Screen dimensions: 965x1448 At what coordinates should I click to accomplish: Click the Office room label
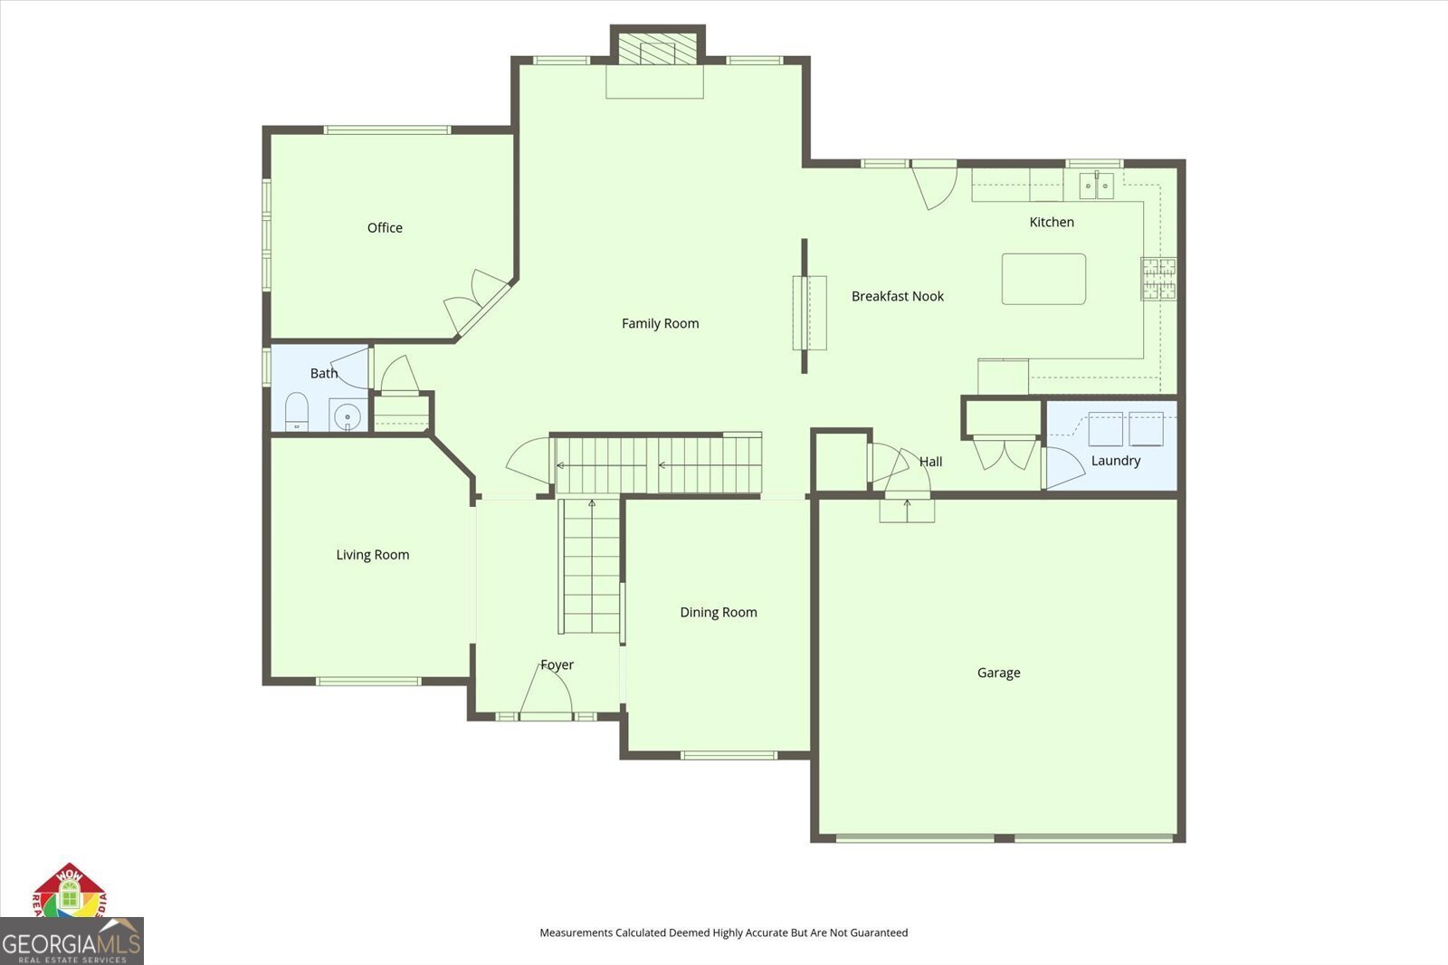pyautogui.click(x=385, y=228)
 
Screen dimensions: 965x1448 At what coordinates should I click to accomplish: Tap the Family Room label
pyautogui.click(x=660, y=323)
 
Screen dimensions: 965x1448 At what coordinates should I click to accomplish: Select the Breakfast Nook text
pyautogui.click(x=897, y=296)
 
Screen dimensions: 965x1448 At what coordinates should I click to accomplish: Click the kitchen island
pyautogui.click(x=1043, y=279)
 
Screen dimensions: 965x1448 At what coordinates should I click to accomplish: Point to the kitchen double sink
pyautogui.click(x=1096, y=186)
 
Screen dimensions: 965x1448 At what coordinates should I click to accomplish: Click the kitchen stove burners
pyautogui.click(x=1158, y=279)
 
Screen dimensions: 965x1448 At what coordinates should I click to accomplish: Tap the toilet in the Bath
pyautogui.click(x=297, y=414)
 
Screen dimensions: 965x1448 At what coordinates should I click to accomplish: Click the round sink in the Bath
pyautogui.click(x=347, y=416)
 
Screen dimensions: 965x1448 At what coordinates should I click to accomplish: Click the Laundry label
pyautogui.click(x=1115, y=461)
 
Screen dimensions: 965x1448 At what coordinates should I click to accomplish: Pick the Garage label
pyautogui.click(x=998, y=673)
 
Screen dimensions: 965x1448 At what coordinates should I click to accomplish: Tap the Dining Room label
pyautogui.click(x=718, y=613)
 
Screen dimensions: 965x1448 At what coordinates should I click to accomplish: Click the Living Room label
pyautogui.click(x=372, y=555)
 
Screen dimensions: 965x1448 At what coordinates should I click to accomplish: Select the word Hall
pyautogui.click(x=930, y=462)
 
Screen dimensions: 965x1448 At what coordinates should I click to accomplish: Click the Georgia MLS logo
pyautogui.click(x=71, y=942)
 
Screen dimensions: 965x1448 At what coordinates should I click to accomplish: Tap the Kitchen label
pyautogui.click(x=1052, y=222)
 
